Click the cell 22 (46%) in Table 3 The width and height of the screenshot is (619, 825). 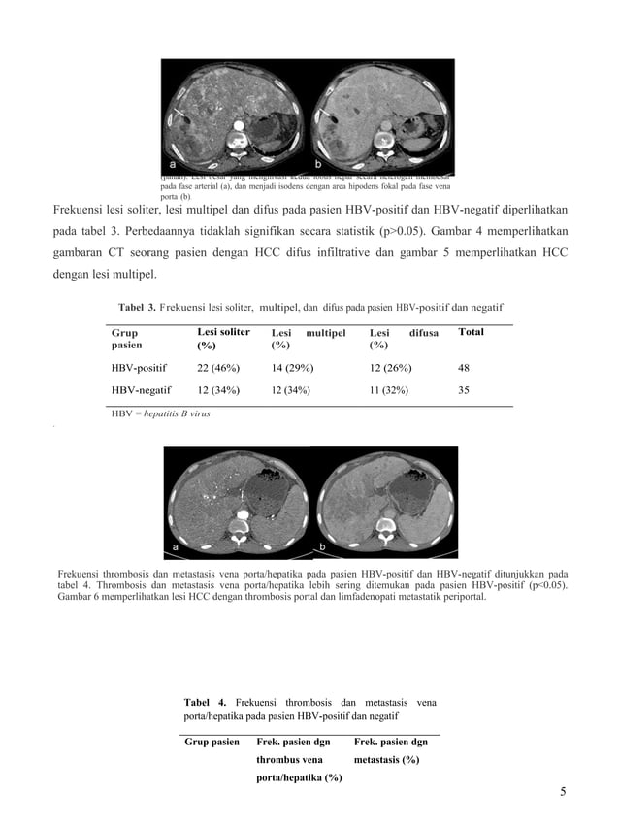point(218,369)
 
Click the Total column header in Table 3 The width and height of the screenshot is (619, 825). point(471,332)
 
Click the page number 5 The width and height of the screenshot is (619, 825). point(563,791)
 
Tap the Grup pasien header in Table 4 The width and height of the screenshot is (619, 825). point(212,742)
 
